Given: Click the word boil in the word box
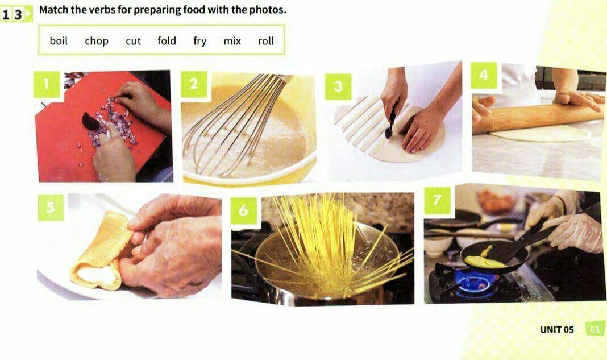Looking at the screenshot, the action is click(59, 41).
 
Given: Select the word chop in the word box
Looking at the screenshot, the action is click(97, 41).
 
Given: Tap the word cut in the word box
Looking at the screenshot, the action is click(133, 41).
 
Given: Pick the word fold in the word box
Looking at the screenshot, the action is click(167, 41).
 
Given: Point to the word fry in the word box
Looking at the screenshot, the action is click(199, 41).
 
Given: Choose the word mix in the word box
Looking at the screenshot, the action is click(232, 41).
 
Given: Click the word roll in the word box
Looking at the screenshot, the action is click(266, 41).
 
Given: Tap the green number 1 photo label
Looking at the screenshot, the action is click(47, 84).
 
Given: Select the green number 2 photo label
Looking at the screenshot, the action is click(194, 84).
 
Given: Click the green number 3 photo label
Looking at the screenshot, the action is click(338, 86).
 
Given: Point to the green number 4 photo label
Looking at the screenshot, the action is click(484, 75).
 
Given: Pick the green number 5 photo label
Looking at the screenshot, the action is click(51, 208).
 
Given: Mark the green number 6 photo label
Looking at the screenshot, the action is click(243, 210).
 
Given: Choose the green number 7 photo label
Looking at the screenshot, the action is click(437, 200).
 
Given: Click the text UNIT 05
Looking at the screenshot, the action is click(556, 330).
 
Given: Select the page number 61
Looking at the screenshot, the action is click(594, 329).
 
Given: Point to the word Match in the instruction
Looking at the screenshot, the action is click(53, 10).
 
